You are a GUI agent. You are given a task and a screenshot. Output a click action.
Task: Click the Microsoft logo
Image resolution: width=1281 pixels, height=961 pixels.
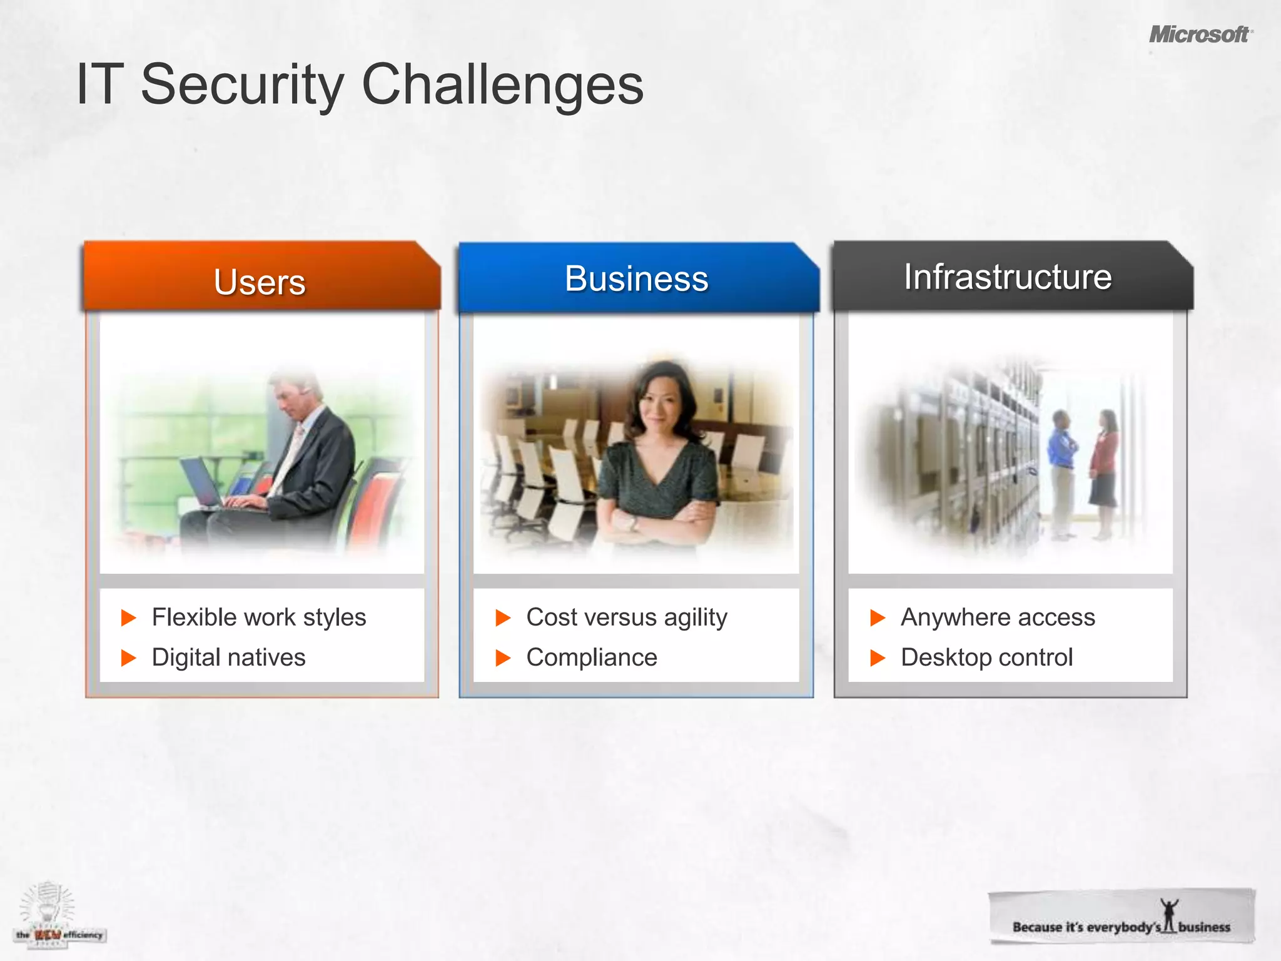coord(1200,34)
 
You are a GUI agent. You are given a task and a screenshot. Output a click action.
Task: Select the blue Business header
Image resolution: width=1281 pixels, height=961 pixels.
coord(636,278)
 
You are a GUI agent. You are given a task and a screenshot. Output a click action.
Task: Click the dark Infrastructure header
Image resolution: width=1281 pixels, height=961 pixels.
coord(1008,277)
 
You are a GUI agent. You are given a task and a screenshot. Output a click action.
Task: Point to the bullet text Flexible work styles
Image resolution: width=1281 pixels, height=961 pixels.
coord(258,618)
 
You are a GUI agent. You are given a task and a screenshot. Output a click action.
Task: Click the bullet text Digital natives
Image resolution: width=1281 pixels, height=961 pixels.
coord(228,658)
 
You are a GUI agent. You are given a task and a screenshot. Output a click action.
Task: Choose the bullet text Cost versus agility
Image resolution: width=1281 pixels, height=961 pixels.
coord(627,618)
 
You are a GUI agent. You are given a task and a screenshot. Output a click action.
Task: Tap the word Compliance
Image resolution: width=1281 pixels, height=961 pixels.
coord(592,658)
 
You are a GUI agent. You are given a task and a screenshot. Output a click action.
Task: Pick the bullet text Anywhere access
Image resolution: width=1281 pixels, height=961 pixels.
coord(998,618)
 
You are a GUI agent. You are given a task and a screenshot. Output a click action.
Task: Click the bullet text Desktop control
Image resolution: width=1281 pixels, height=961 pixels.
coord(986,658)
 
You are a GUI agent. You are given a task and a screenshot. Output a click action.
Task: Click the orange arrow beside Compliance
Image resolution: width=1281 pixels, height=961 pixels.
coord(503,658)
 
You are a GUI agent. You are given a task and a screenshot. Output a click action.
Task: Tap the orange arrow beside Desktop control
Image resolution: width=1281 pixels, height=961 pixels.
coord(878,658)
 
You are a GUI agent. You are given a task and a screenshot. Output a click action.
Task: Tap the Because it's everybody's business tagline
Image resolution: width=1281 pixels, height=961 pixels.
coord(1121,926)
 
